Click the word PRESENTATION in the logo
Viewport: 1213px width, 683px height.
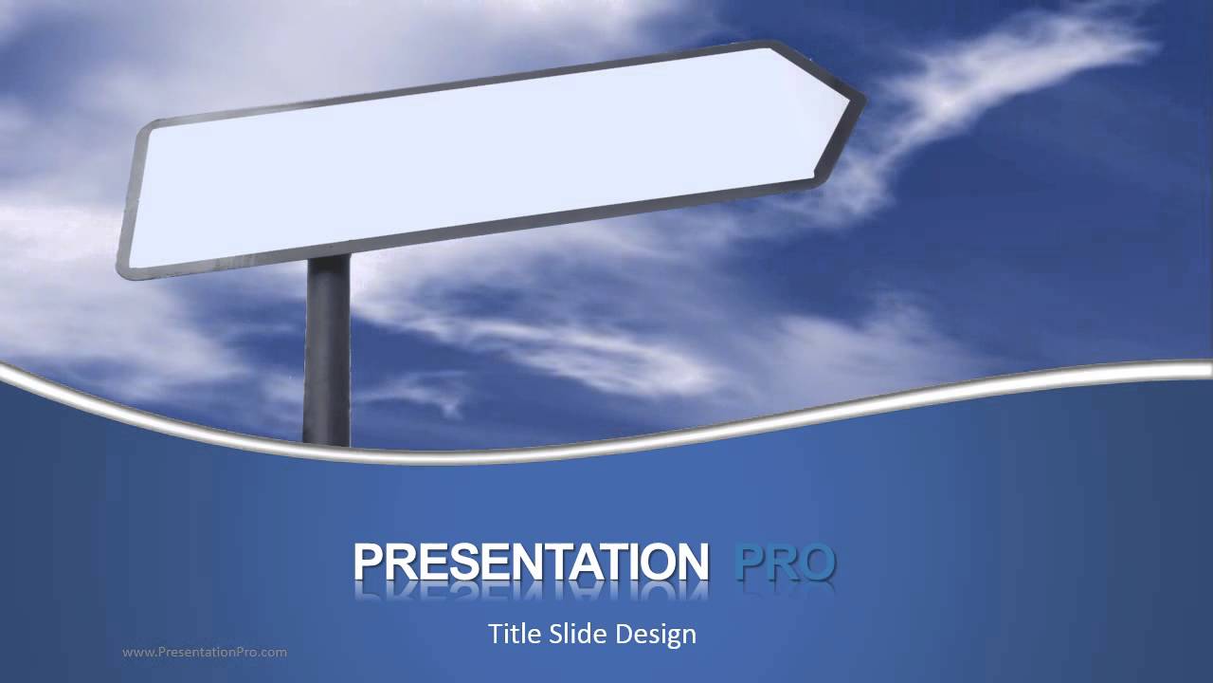point(531,562)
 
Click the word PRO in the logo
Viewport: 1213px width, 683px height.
point(785,562)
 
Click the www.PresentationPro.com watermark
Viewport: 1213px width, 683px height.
point(205,652)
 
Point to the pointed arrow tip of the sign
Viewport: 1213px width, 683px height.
point(860,98)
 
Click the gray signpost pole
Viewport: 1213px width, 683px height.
point(328,360)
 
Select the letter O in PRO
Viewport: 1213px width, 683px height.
point(816,562)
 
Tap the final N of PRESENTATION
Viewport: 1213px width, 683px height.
point(692,562)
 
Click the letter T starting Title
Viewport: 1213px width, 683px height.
point(495,634)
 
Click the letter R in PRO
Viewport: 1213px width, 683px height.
point(784,562)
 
